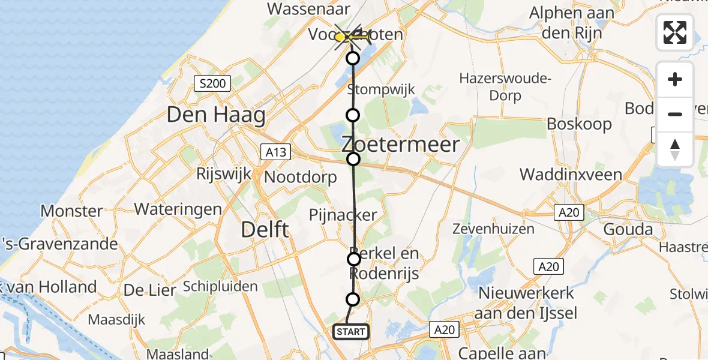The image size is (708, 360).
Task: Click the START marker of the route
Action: (x=350, y=331)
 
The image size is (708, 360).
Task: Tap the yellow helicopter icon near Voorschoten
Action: (x=353, y=37)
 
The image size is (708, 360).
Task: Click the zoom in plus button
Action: (x=675, y=79)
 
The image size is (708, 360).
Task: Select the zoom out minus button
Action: (x=675, y=114)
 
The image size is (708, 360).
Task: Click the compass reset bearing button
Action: (x=675, y=149)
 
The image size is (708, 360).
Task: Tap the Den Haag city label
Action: (x=216, y=115)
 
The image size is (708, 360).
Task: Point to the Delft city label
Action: (x=265, y=229)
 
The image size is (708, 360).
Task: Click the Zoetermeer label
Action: (x=401, y=144)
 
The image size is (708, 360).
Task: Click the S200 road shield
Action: (x=212, y=83)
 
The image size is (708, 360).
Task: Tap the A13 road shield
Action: (x=276, y=152)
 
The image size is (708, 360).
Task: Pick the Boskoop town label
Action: (x=579, y=124)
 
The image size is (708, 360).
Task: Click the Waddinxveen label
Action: (x=567, y=175)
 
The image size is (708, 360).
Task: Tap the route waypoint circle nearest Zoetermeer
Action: (x=353, y=158)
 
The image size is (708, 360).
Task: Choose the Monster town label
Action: (x=71, y=211)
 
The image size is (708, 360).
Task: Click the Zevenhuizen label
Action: (x=493, y=229)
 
